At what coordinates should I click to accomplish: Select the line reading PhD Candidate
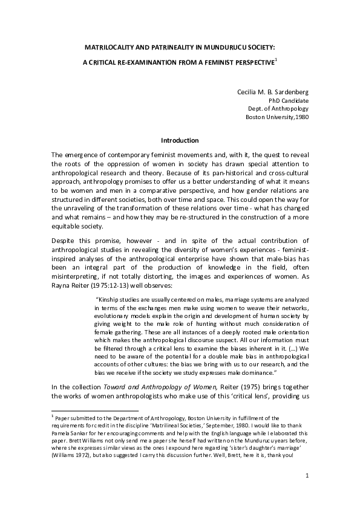pos(288,100)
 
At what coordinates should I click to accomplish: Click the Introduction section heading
pos(180,140)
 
